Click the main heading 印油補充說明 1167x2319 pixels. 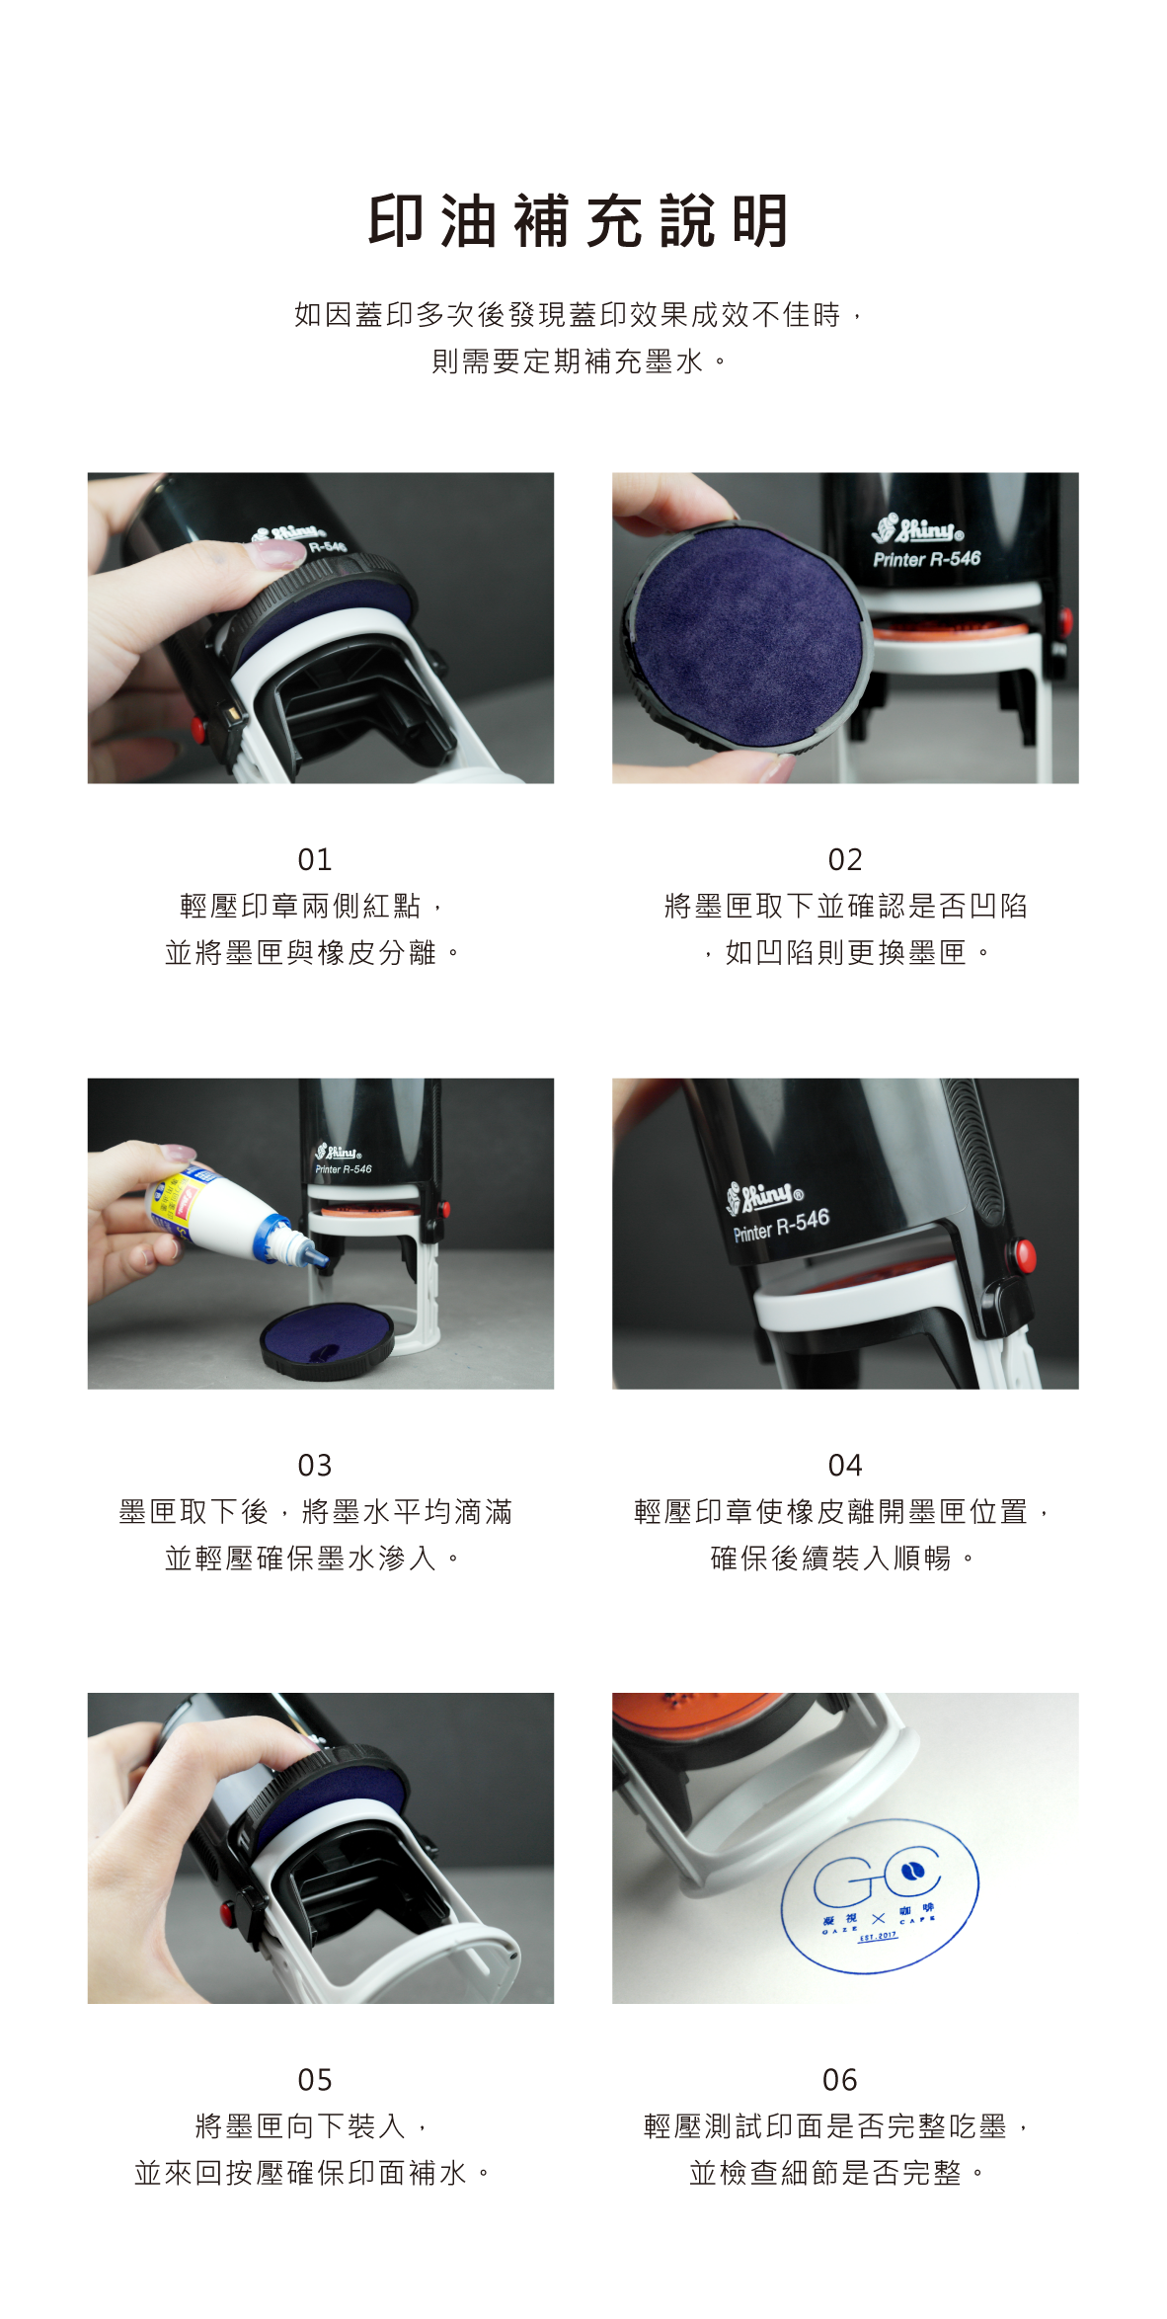click(x=579, y=220)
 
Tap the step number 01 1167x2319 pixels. click(x=315, y=859)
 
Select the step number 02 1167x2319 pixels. click(x=845, y=859)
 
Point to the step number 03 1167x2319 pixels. click(x=315, y=1465)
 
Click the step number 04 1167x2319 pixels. click(x=845, y=1465)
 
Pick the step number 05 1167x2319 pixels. click(x=315, y=2080)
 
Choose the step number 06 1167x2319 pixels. click(x=840, y=2080)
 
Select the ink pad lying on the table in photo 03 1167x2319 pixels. click(x=327, y=1340)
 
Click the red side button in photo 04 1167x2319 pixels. click(x=1025, y=1255)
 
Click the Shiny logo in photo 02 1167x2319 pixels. click(x=917, y=529)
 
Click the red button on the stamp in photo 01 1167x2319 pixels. click(x=199, y=731)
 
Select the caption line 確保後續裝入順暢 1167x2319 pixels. click(x=831, y=1559)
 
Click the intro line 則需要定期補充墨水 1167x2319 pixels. click(x=568, y=361)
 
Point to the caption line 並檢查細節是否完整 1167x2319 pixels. click(x=825, y=2173)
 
